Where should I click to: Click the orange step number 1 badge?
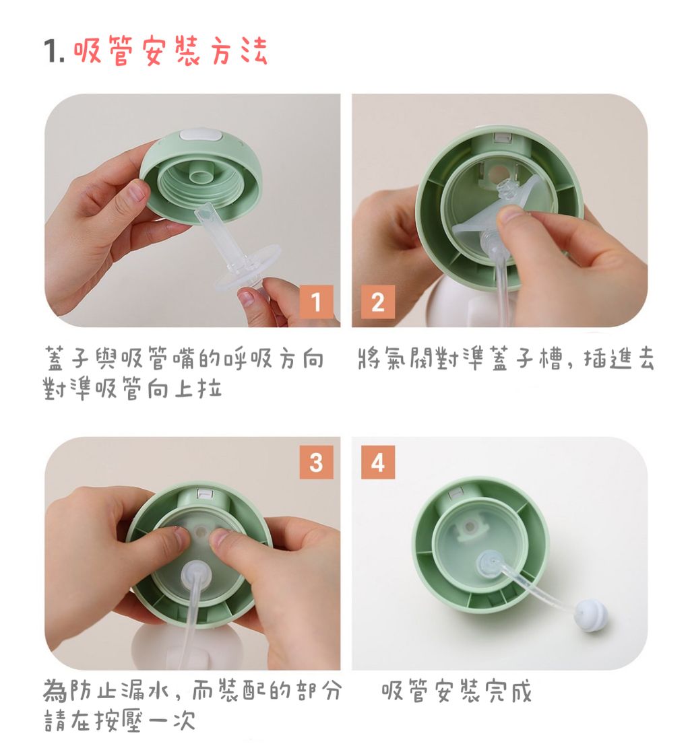pyautogui.click(x=316, y=302)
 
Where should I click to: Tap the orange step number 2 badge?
pyautogui.click(x=378, y=302)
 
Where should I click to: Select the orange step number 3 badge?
pyautogui.click(x=316, y=462)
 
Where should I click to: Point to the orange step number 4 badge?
pyautogui.click(x=378, y=462)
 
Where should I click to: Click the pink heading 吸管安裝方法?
pyautogui.click(x=170, y=50)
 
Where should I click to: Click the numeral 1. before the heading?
pyautogui.click(x=54, y=50)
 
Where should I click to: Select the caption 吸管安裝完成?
pyautogui.click(x=456, y=691)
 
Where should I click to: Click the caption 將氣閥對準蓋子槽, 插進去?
pyautogui.click(x=505, y=359)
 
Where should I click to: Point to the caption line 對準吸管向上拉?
pyautogui.click(x=133, y=388)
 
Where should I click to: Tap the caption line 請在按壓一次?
pyautogui.click(x=120, y=720)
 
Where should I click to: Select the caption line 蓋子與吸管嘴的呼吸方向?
pyautogui.click(x=183, y=359)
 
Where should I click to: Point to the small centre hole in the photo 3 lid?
pyautogui.click(x=200, y=531)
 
